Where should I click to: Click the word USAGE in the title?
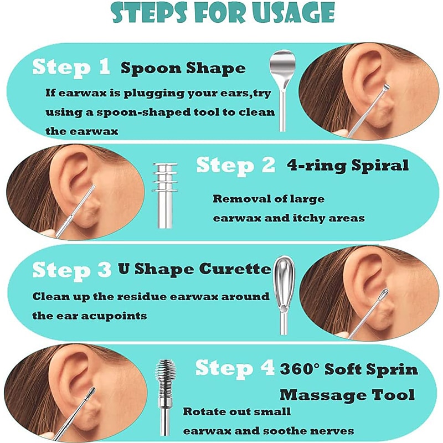coord(294,13)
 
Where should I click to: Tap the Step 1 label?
coord(71,68)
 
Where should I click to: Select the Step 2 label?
coord(236,165)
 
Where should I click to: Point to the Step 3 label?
coord(72,270)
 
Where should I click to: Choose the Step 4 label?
coord(235,368)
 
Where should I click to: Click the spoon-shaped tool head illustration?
coord(282,68)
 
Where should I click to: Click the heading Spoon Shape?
coord(183,69)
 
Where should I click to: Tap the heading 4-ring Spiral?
coord(348,165)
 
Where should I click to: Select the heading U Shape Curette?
coord(195,269)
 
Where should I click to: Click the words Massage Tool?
coord(347,395)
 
